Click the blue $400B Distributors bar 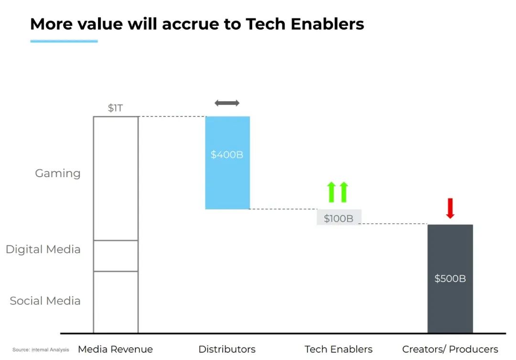pyautogui.click(x=227, y=163)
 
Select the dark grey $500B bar pyautogui.click(x=450, y=279)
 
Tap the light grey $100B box pyautogui.click(x=339, y=217)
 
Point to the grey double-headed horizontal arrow pyautogui.click(x=227, y=103)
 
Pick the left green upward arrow pyautogui.click(x=332, y=192)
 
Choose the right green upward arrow pyautogui.click(x=344, y=192)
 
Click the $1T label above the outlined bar pyautogui.click(x=115, y=108)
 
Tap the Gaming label pyautogui.click(x=58, y=173)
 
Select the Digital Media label pyautogui.click(x=43, y=249)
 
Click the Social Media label pyautogui.click(x=45, y=301)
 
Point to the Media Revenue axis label pyautogui.click(x=115, y=349)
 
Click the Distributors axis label pyautogui.click(x=227, y=349)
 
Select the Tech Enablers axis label pyautogui.click(x=338, y=349)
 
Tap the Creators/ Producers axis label pyautogui.click(x=450, y=349)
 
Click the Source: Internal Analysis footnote pyautogui.click(x=41, y=349)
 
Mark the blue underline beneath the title pyautogui.click(x=64, y=41)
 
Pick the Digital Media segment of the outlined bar pyautogui.click(x=116, y=256)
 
